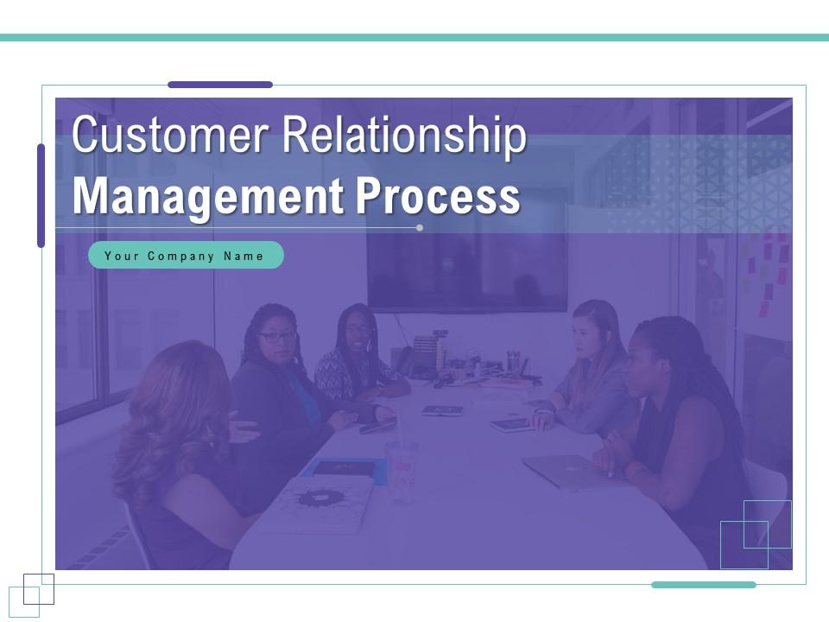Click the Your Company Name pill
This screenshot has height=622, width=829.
click(x=186, y=256)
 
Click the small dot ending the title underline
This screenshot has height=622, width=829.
click(x=420, y=228)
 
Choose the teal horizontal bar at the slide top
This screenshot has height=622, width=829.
click(x=414, y=38)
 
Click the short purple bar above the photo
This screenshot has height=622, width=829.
click(x=220, y=85)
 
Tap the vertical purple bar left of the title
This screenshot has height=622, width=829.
click(x=41, y=195)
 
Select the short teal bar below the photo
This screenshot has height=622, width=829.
click(x=704, y=585)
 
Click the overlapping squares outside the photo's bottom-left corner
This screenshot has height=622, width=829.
click(x=31, y=595)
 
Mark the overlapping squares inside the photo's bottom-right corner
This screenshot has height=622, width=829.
click(x=756, y=534)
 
